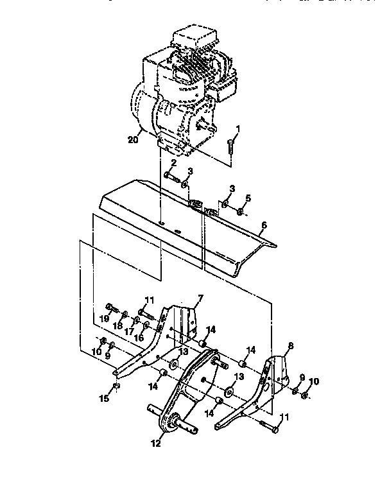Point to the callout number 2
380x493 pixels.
pos(173,163)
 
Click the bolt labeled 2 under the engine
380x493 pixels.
pos(168,174)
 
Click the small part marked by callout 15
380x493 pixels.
pos(116,386)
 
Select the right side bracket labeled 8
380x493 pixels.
pos(273,379)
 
